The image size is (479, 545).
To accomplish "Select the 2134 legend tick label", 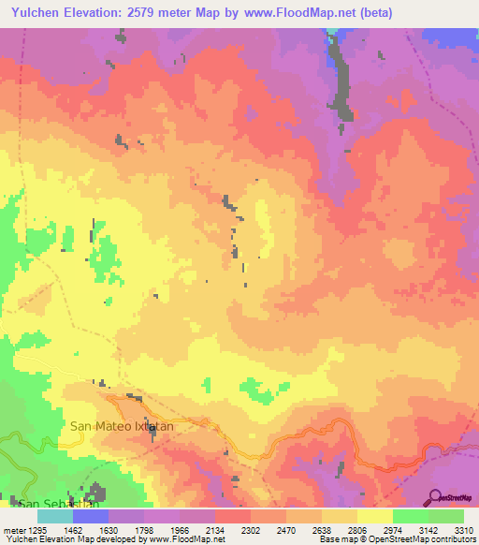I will tap(214, 529).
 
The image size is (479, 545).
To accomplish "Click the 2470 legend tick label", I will tap(285, 529).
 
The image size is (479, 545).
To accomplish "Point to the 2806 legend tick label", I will tap(356, 529).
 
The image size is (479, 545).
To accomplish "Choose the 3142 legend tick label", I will tap(428, 529).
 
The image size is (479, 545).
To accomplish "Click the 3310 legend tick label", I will tap(463, 529).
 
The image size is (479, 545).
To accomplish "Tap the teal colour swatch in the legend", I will tap(55, 516).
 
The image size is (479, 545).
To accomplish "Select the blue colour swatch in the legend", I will tap(91, 516).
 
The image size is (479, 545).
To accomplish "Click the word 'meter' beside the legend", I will tap(14, 529).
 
